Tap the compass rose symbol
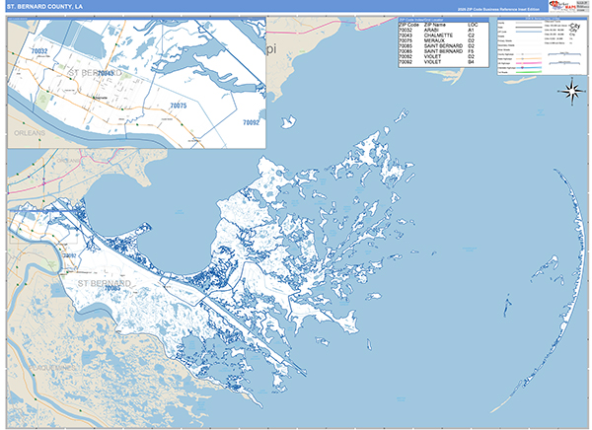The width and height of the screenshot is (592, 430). click(571, 93)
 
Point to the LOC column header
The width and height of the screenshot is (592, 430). click(473, 23)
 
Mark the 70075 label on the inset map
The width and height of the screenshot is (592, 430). click(178, 105)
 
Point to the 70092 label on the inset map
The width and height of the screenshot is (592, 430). click(251, 122)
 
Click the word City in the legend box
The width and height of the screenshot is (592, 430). click(575, 26)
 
